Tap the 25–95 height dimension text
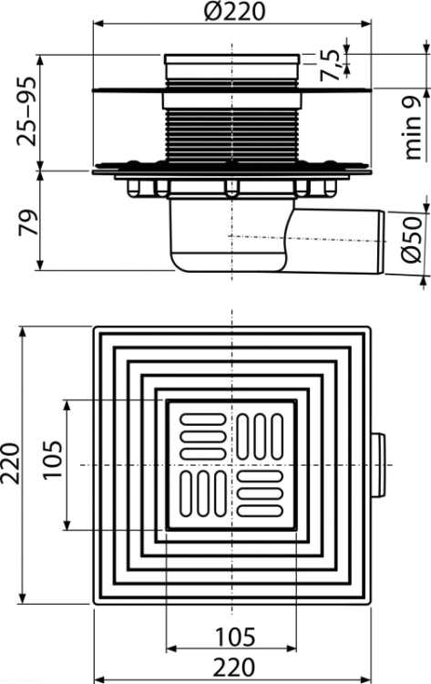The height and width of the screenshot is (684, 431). pyautogui.click(x=26, y=111)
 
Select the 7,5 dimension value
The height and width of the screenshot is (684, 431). pyautogui.click(x=330, y=65)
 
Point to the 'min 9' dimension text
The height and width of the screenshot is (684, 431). pyautogui.click(x=413, y=127)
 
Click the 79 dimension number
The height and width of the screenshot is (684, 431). pyautogui.click(x=27, y=223)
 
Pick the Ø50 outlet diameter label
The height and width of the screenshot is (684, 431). pyautogui.click(x=412, y=240)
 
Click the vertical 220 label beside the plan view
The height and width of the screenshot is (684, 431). pyautogui.click(x=10, y=463)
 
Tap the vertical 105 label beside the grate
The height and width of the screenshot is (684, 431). pyautogui.click(x=52, y=461)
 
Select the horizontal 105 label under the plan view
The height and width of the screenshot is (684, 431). pyautogui.click(x=235, y=637)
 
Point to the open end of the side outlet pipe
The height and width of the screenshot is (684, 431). pyautogui.click(x=381, y=243)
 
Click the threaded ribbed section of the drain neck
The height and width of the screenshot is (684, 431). pyautogui.click(x=231, y=135)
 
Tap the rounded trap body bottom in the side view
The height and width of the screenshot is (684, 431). pyautogui.click(x=229, y=261)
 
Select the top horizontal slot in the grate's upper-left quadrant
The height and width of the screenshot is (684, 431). pyautogui.click(x=202, y=420)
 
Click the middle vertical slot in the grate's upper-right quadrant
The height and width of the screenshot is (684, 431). pyautogui.click(x=260, y=437)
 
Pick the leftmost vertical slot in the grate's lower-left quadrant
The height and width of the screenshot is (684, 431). pyautogui.click(x=186, y=493)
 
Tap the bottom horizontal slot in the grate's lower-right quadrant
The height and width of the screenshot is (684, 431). pyautogui.click(x=261, y=511)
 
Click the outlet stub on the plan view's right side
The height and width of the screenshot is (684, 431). pyautogui.click(x=378, y=465)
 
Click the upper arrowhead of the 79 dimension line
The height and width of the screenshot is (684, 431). pyautogui.click(x=40, y=176)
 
